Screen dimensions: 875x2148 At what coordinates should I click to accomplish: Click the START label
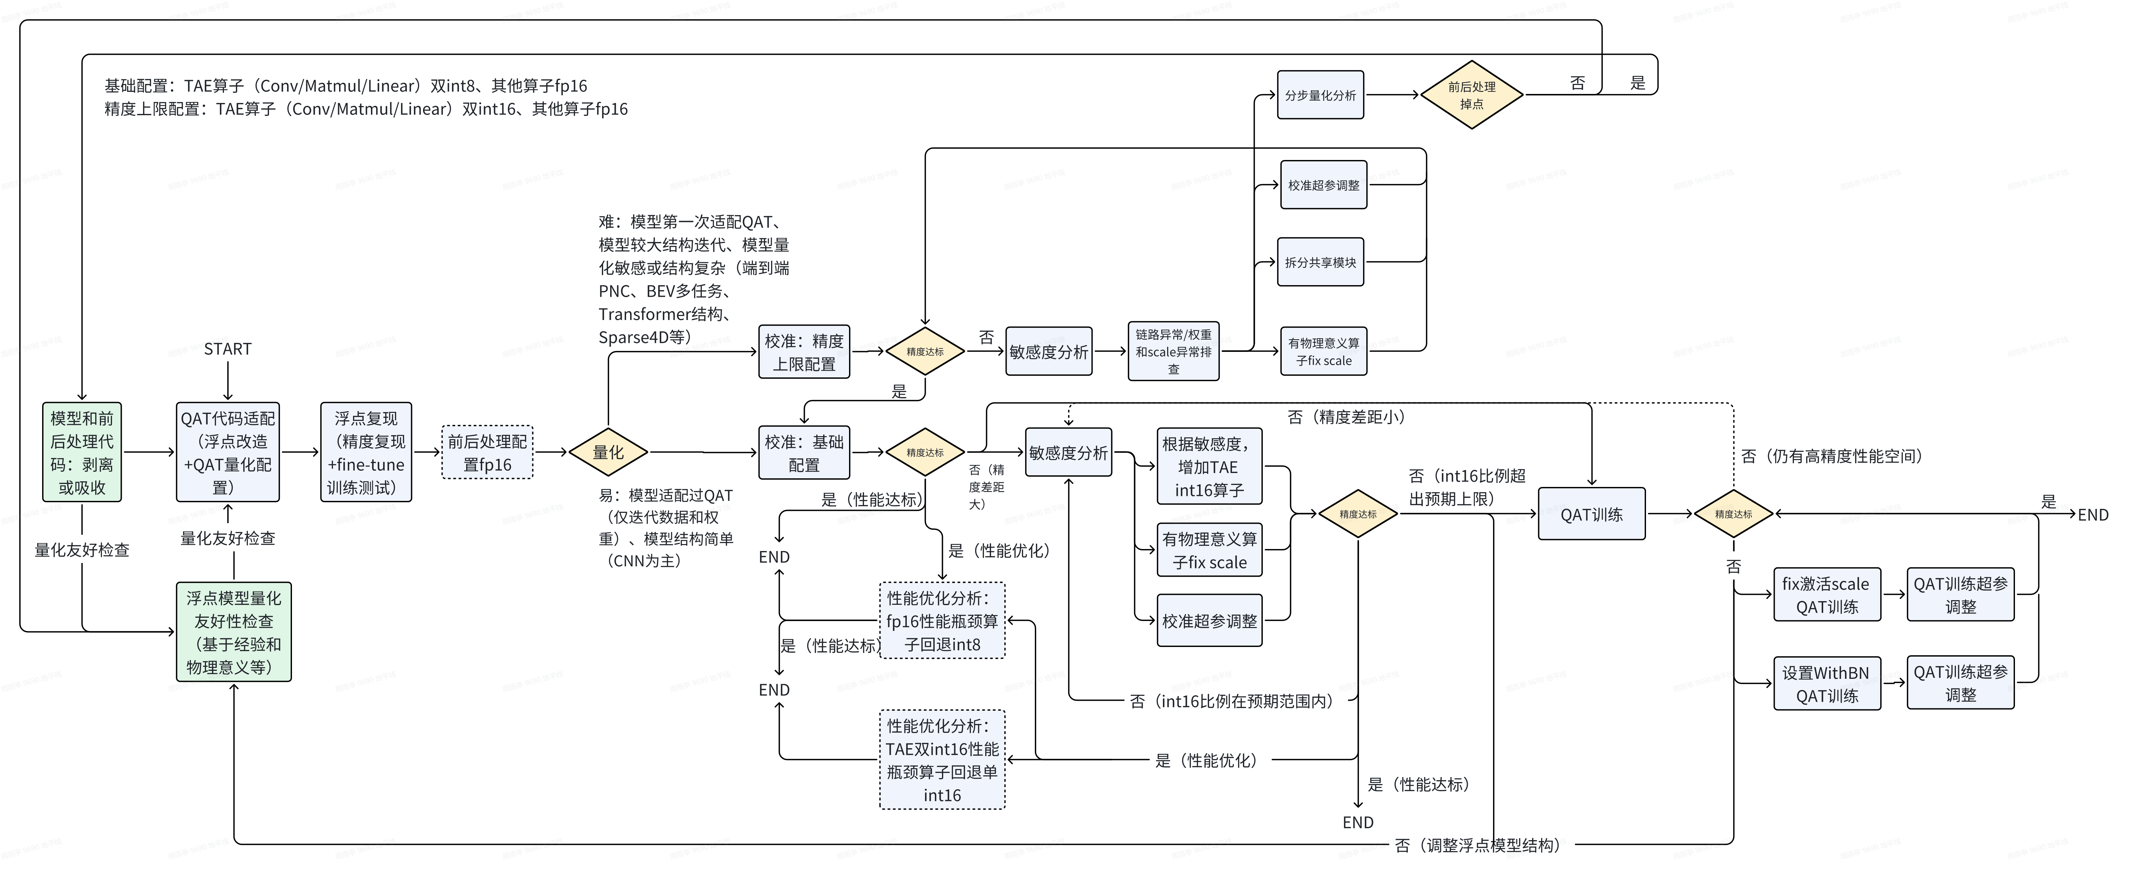click(228, 349)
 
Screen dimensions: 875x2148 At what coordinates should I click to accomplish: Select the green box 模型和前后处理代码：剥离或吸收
click(82, 452)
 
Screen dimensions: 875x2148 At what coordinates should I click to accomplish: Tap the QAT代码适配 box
click(228, 452)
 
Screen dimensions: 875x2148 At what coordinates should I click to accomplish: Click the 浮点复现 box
click(366, 452)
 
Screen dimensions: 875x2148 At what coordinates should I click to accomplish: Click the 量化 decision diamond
click(608, 452)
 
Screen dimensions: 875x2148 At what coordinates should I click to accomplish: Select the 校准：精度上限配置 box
click(804, 352)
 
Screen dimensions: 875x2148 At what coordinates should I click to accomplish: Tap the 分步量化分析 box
click(1320, 95)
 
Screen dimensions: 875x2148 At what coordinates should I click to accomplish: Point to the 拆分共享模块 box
click(1320, 262)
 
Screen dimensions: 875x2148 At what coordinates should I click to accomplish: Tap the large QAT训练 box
click(1591, 514)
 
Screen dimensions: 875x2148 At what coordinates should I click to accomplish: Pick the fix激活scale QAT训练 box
click(1826, 595)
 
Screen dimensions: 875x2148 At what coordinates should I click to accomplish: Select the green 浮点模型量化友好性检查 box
click(234, 632)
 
